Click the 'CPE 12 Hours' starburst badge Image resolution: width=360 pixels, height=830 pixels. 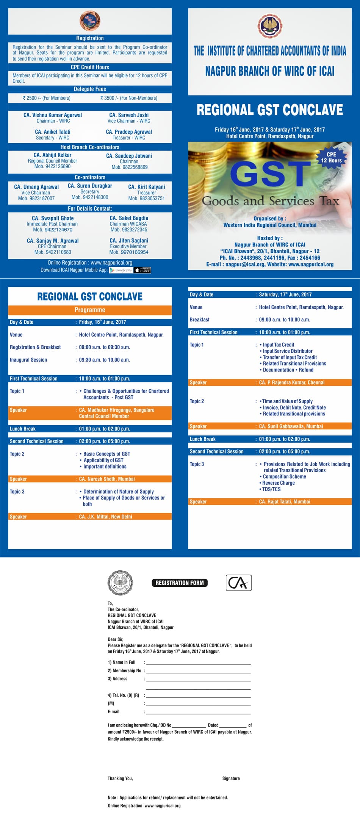click(331, 157)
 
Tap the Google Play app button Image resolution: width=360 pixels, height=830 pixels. click(121, 270)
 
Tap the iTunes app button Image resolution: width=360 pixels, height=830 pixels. click(142, 270)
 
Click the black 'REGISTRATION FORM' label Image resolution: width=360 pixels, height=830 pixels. click(180, 583)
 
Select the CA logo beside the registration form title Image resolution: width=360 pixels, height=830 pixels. click(239, 583)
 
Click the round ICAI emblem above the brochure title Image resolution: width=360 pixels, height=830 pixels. click(270, 26)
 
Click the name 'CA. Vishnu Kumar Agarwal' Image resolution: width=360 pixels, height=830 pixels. click(53, 115)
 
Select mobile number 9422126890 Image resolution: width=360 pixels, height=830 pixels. click(52, 166)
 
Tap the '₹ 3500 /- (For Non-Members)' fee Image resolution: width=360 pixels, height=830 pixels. click(129, 98)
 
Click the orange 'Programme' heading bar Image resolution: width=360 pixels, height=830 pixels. click(90, 310)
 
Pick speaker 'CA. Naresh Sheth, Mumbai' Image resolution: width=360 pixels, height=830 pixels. click(107, 479)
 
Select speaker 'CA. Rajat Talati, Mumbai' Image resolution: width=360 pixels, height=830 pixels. click(285, 502)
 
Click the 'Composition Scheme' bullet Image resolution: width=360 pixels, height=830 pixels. click(284, 476)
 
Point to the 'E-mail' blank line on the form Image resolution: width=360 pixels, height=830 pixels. click(198, 713)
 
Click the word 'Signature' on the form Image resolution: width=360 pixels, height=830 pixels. click(231, 778)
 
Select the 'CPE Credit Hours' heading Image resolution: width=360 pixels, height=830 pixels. click(90, 67)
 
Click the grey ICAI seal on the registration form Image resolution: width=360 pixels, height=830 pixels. click(121, 583)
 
